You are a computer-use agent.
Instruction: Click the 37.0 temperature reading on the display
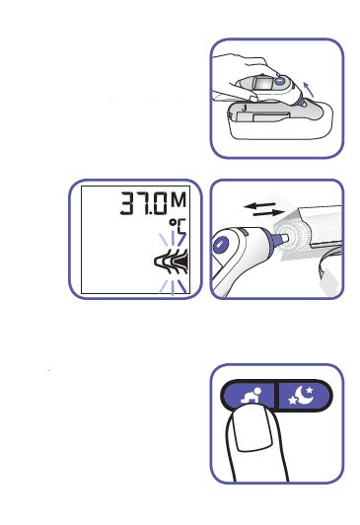(x=143, y=203)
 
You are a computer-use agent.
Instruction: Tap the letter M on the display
(x=179, y=200)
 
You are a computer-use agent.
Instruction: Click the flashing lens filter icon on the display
(x=171, y=262)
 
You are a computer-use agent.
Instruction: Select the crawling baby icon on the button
(x=251, y=395)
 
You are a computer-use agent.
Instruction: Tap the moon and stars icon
(x=301, y=395)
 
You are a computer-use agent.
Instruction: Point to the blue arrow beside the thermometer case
(x=309, y=90)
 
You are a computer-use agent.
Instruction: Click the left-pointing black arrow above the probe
(x=259, y=205)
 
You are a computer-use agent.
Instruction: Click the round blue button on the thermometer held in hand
(x=280, y=81)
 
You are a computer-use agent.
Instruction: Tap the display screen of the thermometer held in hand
(x=263, y=83)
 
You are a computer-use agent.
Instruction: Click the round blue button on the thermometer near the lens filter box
(x=221, y=244)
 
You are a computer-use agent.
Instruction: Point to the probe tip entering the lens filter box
(x=280, y=238)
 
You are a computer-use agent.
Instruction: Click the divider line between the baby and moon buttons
(x=276, y=395)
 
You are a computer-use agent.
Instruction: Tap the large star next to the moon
(x=293, y=400)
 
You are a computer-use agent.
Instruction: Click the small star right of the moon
(x=310, y=390)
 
